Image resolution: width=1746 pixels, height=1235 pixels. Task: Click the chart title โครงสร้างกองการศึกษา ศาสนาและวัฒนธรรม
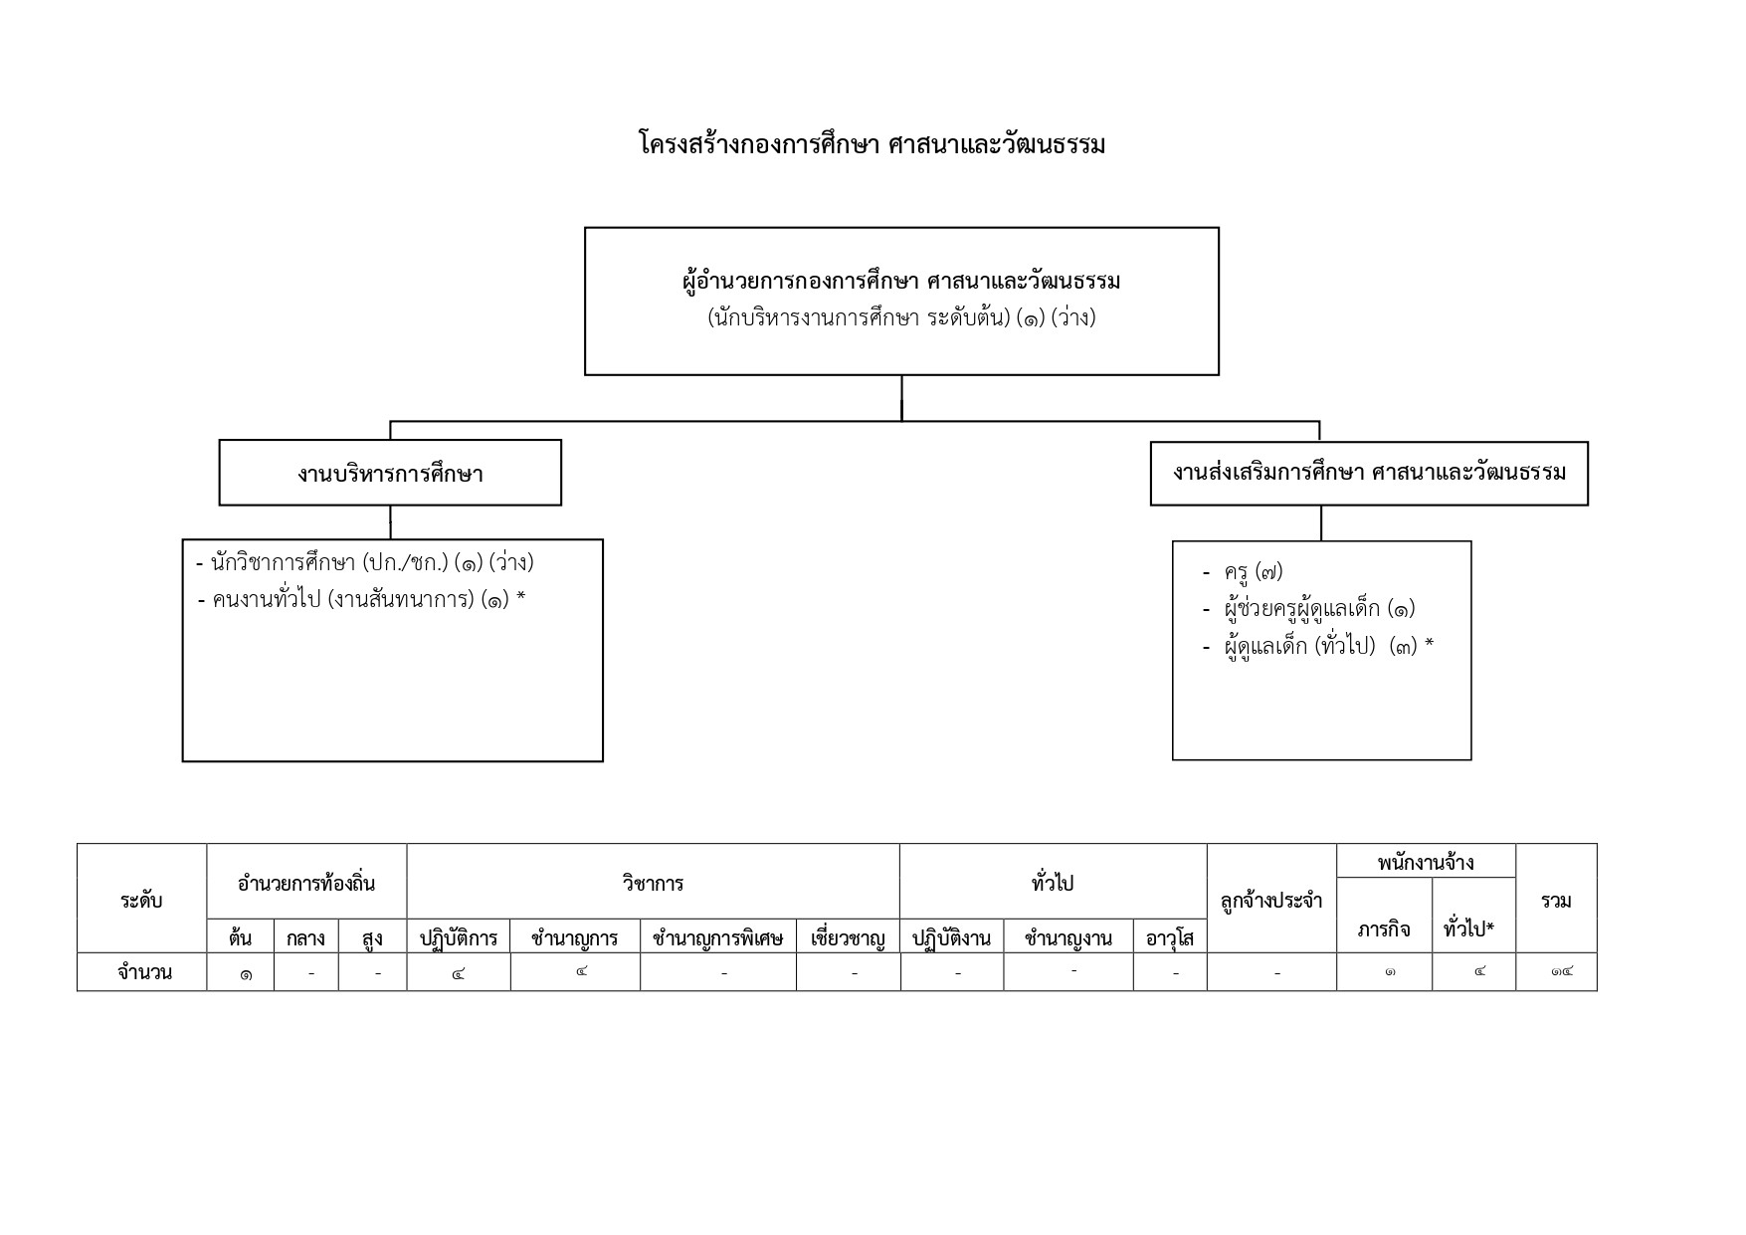[872, 144]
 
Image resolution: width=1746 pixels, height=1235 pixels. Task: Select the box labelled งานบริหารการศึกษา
[390, 473]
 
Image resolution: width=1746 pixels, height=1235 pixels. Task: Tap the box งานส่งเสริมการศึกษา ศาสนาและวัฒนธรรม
[1369, 474]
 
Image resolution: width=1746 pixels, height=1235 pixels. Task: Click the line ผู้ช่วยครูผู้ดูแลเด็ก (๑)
[1309, 608]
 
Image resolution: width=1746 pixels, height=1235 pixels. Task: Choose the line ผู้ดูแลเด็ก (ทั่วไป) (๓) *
[1318, 647]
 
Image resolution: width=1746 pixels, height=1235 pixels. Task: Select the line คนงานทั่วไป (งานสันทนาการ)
[361, 600]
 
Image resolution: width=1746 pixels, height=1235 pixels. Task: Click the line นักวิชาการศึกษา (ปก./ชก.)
[365, 563]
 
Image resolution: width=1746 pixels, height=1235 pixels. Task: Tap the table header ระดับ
[141, 901]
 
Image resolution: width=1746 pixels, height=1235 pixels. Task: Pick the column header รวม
[1556, 901]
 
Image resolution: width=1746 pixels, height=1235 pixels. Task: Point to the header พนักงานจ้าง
[1426, 863]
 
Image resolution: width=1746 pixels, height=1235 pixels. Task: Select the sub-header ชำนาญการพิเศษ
[717, 937]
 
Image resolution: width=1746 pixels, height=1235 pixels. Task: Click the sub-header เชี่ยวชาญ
[848, 937]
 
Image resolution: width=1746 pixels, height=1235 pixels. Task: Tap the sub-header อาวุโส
[1170, 937]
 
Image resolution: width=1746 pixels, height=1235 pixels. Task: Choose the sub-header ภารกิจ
[1384, 929]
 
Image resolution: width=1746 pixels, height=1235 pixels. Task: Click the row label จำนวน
[144, 972]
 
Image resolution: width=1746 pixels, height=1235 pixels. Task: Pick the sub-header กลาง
[305, 937]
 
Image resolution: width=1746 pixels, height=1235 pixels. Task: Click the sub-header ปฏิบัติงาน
[951, 937]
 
